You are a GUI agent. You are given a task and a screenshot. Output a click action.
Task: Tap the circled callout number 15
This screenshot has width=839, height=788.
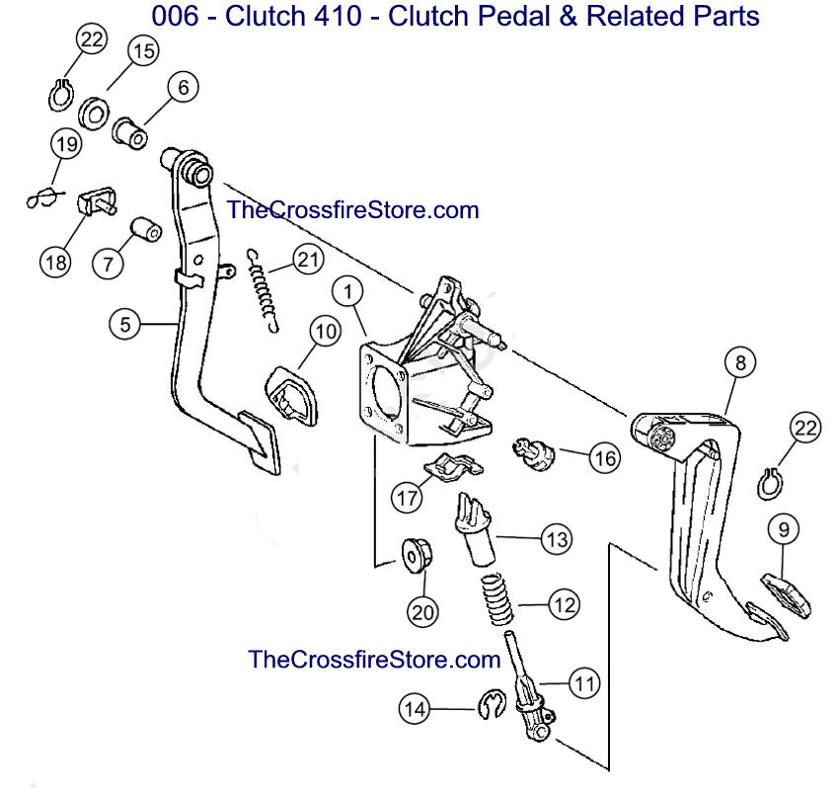142,52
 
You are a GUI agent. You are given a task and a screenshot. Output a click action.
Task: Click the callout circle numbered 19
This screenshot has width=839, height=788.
65,146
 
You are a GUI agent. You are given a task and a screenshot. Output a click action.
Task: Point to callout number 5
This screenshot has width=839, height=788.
125,323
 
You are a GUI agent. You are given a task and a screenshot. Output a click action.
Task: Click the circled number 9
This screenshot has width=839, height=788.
783,530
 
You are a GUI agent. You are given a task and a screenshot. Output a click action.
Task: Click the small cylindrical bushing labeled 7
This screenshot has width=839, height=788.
145,233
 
